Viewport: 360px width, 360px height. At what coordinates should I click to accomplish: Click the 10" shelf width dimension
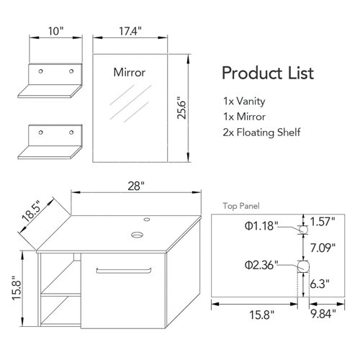(57, 32)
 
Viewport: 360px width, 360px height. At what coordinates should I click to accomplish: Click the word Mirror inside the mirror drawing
(130, 72)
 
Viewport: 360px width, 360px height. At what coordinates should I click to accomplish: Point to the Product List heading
(267, 73)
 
